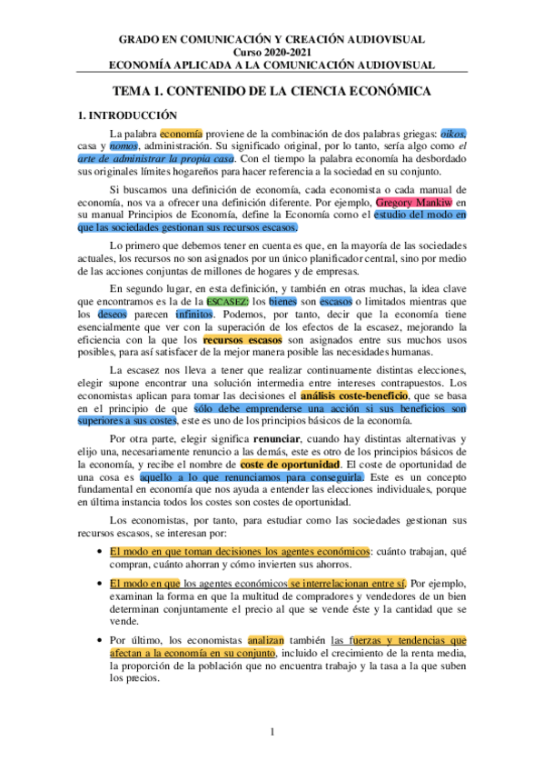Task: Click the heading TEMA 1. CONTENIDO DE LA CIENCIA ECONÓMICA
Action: click(271, 93)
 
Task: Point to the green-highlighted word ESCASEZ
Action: click(225, 301)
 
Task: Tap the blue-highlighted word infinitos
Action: click(193, 314)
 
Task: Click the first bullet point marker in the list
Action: click(98, 552)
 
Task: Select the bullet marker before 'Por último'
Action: click(98, 640)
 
